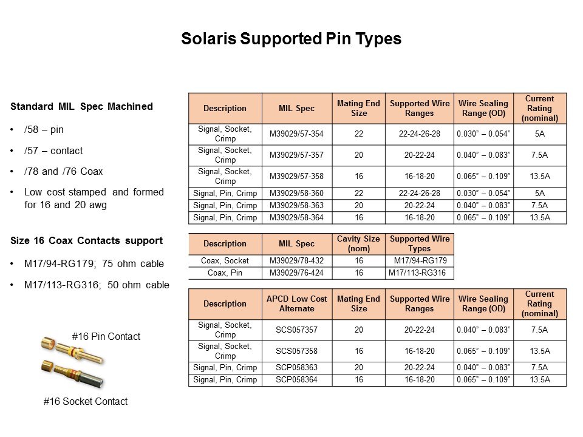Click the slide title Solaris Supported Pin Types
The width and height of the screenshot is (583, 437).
[291, 39]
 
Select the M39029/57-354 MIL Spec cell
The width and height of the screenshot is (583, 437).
[297, 134]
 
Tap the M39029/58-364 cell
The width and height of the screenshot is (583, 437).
[297, 217]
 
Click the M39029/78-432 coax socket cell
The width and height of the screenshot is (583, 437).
[297, 261]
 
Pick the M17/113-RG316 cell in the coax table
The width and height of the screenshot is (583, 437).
[420, 273]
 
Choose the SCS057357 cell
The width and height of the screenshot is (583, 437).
[297, 330]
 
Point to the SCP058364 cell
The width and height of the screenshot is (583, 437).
[297, 380]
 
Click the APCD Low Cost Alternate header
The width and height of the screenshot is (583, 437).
[297, 303]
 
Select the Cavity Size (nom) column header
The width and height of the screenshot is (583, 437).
[359, 243]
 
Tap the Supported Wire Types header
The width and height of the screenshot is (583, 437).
[420, 243]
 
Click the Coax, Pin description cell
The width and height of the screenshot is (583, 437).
[225, 273]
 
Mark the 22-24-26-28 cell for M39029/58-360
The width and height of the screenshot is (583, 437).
[420, 193]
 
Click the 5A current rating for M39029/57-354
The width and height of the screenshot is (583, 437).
[539, 134]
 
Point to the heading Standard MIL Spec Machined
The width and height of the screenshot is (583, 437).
[81, 107]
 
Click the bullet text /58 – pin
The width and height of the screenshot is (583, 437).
[44, 130]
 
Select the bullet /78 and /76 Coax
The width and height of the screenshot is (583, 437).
[64, 171]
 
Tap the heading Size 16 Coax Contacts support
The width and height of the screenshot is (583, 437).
[86, 241]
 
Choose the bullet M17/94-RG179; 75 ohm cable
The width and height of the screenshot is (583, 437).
[94, 264]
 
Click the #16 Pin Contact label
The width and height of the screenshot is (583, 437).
[106, 336]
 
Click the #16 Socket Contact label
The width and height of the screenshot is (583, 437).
[86, 401]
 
